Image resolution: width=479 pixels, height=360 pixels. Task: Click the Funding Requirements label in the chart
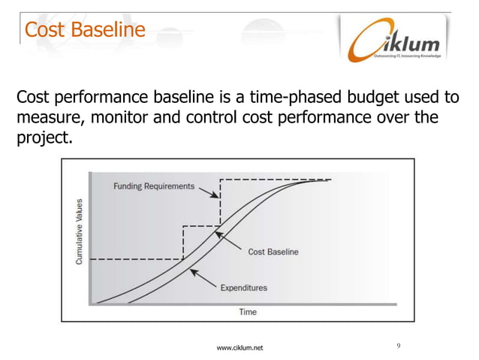click(154, 186)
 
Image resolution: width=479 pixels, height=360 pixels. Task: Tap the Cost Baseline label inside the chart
click(273, 252)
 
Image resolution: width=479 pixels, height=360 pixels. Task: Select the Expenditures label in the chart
click(243, 287)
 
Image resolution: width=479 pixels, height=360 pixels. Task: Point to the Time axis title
click(247, 311)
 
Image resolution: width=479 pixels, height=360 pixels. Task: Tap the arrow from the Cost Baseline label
click(229, 243)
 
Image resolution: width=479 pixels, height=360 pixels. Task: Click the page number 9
click(399, 345)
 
